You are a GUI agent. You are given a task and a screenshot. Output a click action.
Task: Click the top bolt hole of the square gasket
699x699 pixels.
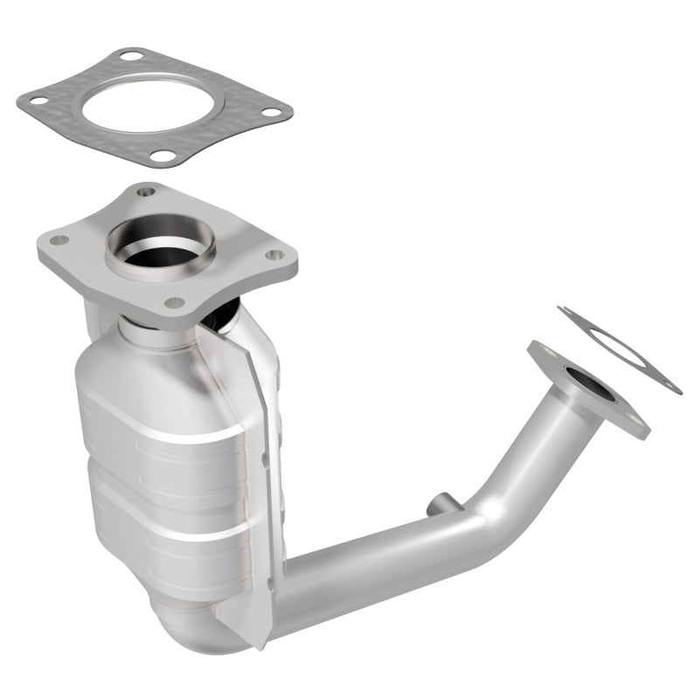coord(132,57)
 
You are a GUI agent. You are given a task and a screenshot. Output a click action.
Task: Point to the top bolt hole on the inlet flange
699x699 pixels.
coord(145,192)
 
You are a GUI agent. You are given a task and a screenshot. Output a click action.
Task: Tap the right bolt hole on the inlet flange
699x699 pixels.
coord(274,255)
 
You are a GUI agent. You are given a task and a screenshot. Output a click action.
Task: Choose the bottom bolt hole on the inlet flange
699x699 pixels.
coord(175,302)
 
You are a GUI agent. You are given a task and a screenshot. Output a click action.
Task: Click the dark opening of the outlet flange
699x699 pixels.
coord(583,384)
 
